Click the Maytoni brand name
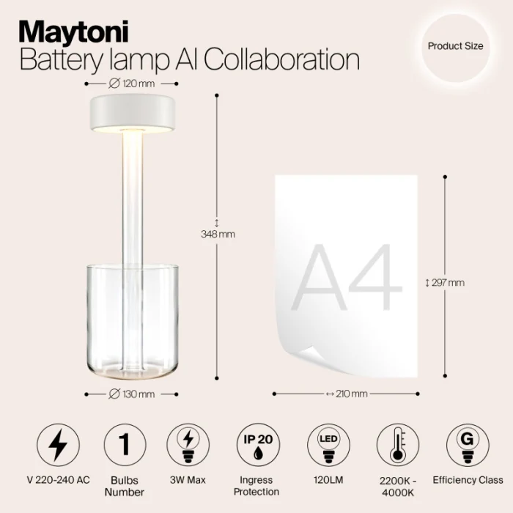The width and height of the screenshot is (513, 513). click(73, 32)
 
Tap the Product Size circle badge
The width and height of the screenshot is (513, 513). click(455, 46)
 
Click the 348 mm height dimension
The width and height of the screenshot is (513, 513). click(217, 234)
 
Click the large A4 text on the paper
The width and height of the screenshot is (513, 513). click(347, 278)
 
